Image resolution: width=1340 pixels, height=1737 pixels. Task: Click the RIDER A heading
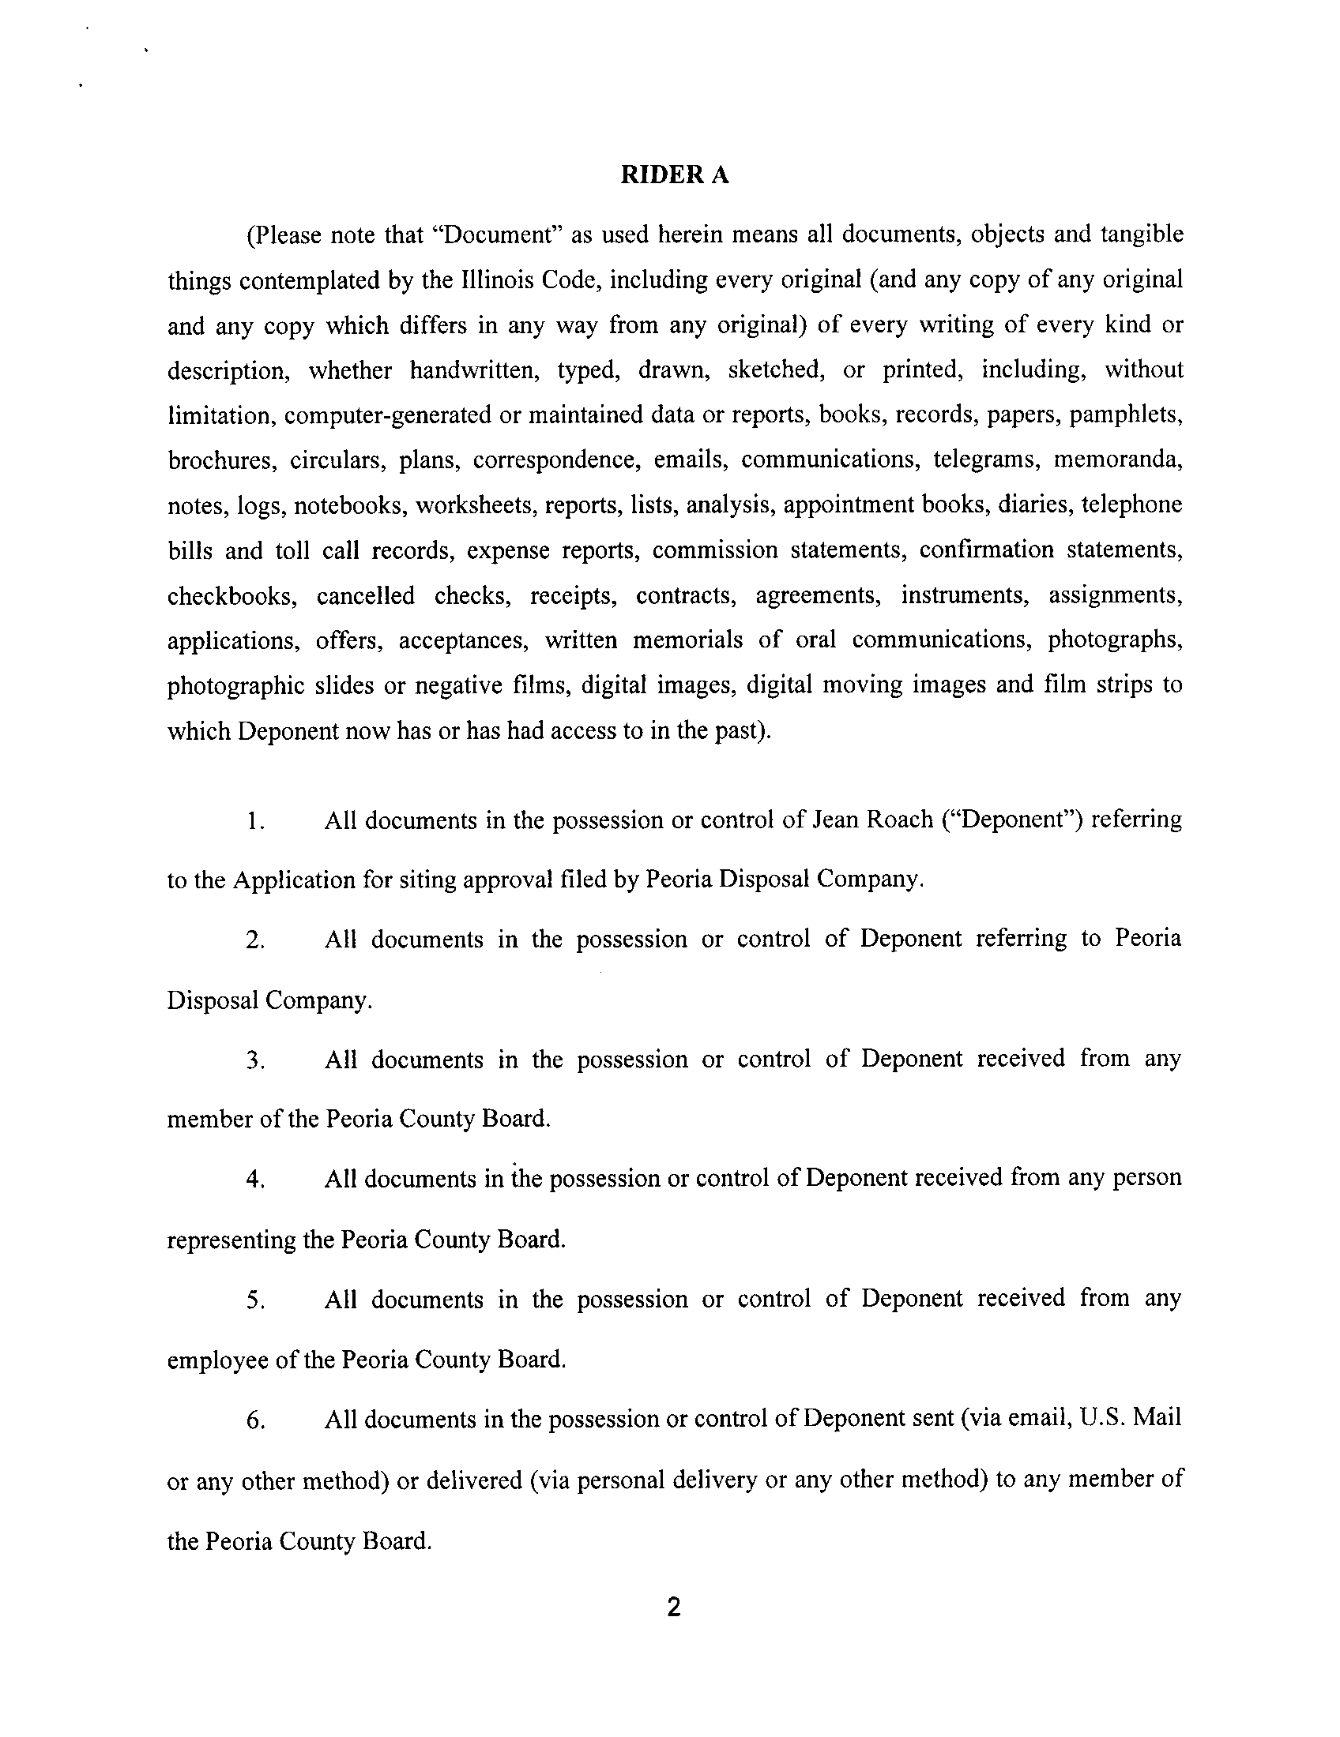click(674, 176)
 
